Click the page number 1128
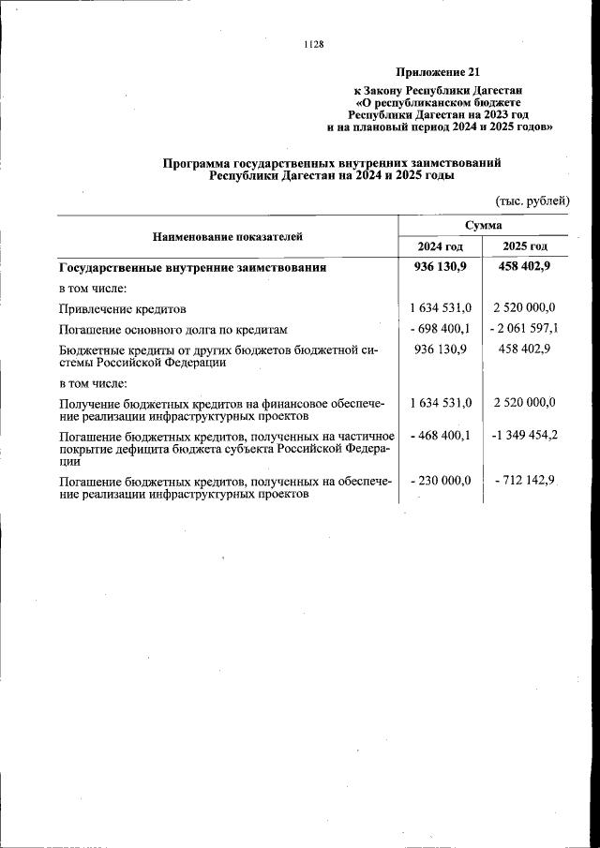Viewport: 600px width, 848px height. [314, 44]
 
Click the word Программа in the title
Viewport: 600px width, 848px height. [200, 163]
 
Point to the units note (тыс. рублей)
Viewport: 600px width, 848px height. [532, 201]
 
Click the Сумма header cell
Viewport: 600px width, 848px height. [483, 226]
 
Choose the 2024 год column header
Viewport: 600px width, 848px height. [441, 246]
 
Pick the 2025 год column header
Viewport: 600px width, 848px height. [525, 246]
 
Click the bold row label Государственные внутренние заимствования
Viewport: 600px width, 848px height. [192, 267]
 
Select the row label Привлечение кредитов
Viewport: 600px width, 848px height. [123, 308]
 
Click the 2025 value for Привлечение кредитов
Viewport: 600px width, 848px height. [524, 308]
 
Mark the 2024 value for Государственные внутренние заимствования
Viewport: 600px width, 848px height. [442, 267]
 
